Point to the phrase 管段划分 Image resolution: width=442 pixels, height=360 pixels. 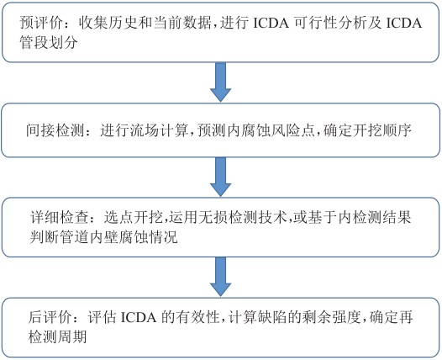[x=49, y=42]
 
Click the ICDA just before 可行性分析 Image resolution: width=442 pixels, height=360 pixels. [x=271, y=23]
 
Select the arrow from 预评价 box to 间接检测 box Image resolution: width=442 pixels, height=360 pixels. [x=220, y=82]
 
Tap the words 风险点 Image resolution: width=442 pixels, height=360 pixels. [x=292, y=130]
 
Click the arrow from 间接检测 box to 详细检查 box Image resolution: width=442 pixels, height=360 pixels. [x=220, y=177]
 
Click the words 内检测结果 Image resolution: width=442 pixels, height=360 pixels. [x=375, y=218]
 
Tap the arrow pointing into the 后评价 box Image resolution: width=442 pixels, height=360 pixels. [x=220, y=277]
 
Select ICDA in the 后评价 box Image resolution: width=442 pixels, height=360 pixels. [x=139, y=317]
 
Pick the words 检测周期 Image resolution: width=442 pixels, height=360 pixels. [x=57, y=336]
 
